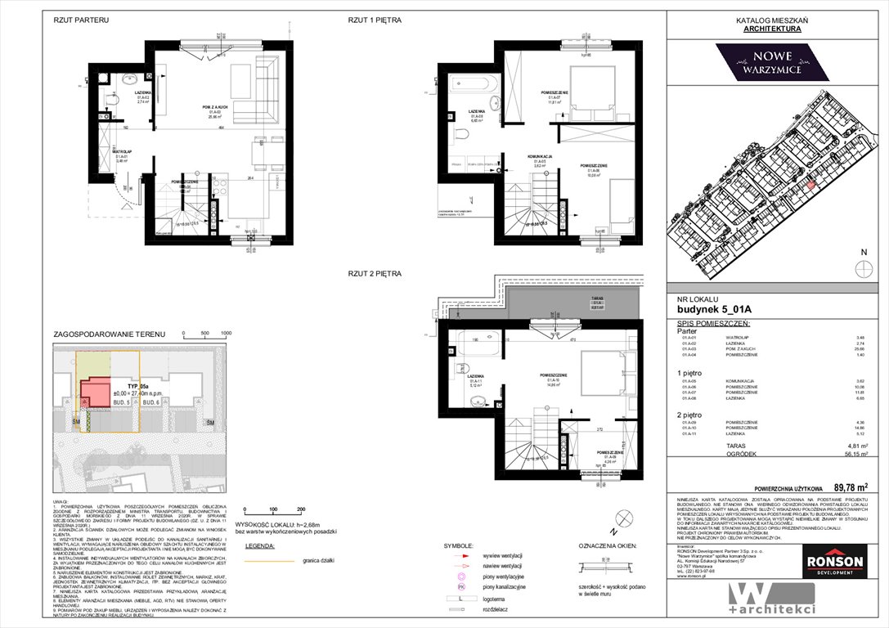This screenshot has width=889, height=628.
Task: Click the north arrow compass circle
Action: coord(861,269)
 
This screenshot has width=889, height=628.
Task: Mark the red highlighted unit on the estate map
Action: coord(811,185)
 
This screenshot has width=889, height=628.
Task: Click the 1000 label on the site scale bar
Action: coord(227,334)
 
